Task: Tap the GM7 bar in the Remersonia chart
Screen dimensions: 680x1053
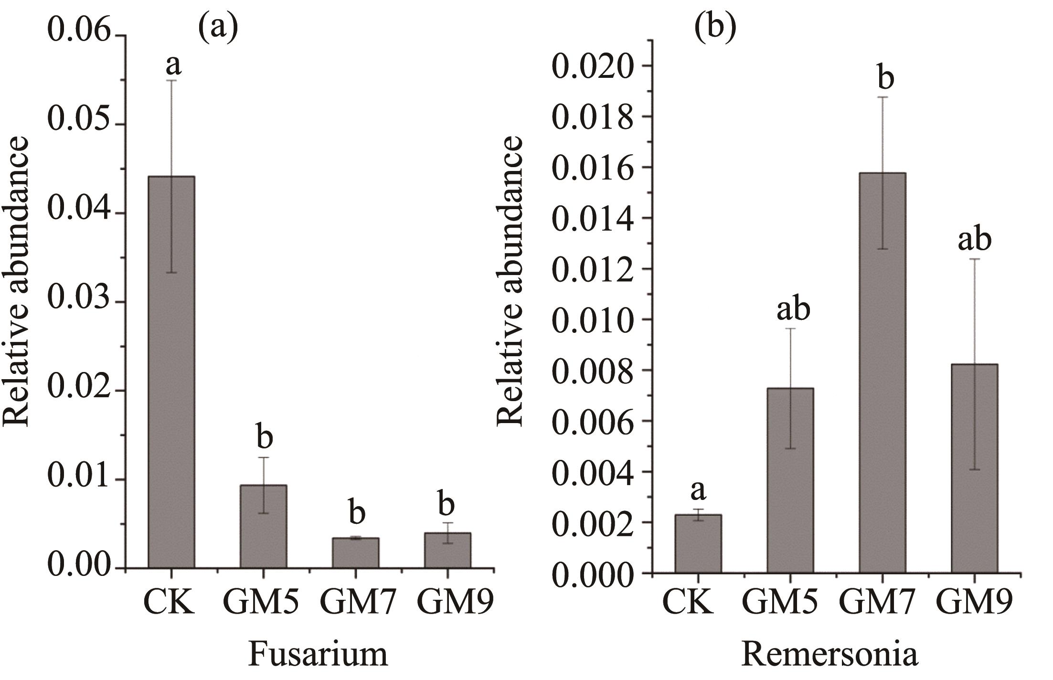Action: [882, 372]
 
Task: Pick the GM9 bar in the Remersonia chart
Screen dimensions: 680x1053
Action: [974, 468]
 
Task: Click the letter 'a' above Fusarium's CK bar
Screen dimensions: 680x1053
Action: [174, 64]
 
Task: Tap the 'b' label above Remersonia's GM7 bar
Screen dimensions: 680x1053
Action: [885, 79]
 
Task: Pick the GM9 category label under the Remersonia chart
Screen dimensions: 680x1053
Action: [974, 603]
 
